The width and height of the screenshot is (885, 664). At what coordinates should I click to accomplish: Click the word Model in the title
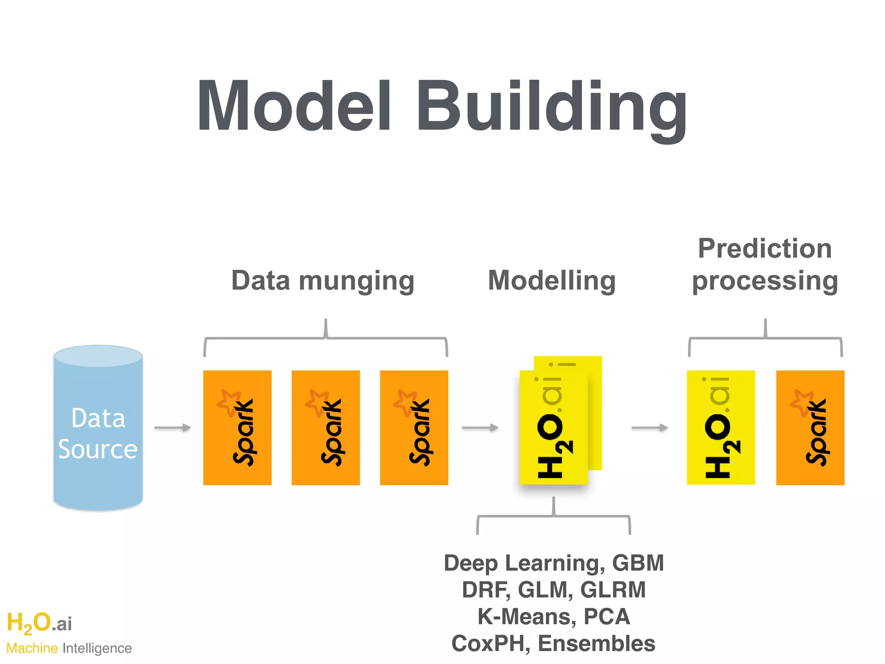(294, 106)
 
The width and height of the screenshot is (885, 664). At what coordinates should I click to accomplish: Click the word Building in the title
(551, 108)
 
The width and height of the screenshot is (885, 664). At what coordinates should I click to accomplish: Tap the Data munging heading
(323, 281)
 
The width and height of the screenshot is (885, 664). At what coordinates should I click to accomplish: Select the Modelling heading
(552, 281)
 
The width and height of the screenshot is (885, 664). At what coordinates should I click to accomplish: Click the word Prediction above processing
(765, 249)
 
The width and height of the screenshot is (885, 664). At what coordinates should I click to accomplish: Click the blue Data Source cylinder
(98, 428)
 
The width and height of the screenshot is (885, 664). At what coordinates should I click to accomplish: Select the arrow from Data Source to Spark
(172, 428)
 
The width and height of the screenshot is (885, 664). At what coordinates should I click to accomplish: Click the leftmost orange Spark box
(237, 428)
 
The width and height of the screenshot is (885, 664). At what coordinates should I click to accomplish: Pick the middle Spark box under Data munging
(325, 428)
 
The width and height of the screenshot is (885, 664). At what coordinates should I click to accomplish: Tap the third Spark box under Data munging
(414, 428)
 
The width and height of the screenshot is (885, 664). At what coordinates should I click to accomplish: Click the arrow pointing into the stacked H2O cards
(480, 428)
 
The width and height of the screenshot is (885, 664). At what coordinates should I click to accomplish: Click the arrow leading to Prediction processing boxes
(649, 428)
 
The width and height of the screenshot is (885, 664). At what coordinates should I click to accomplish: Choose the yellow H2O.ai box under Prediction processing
(721, 428)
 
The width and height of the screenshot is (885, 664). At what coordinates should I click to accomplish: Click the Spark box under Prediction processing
(810, 428)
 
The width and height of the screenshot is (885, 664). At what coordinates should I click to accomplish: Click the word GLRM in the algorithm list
(613, 590)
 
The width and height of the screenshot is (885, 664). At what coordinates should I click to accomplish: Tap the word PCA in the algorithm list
(607, 617)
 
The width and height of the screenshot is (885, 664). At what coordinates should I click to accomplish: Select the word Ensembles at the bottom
(596, 644)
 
